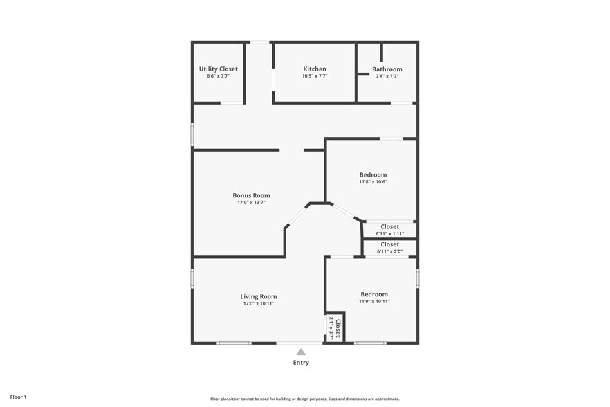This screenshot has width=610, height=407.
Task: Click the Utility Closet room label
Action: click(218, 69)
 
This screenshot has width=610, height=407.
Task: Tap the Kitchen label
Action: click(315, 69)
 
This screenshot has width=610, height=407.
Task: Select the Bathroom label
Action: click(387, 69)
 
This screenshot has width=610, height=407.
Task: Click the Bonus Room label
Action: click(251, 195)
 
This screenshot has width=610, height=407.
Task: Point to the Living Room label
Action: click(259, 296)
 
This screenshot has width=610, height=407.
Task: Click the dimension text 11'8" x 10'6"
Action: click(373, 182)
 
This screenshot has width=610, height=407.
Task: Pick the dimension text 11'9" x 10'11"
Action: click(374, 301)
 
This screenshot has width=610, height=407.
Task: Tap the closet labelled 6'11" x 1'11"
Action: click(389, 230)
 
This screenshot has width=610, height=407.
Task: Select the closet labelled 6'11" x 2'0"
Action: click(389, 248)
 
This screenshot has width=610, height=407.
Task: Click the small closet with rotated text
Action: click(335, 327)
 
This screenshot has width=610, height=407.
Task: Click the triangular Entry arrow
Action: click(301, 352)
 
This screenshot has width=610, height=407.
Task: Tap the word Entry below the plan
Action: click(301, 363)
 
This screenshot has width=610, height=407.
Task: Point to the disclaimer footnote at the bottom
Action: click(305, 399)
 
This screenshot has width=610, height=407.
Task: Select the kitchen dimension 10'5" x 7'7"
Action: click(315, 76)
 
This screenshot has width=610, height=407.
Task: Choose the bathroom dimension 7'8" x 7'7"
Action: click(387, 76)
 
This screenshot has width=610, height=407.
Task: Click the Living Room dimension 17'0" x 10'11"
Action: click(259, 303)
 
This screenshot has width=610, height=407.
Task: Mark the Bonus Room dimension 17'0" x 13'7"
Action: click(251, 202)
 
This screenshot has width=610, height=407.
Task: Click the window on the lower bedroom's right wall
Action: click(418, 278)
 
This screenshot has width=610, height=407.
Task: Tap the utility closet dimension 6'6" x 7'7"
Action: click(218, 76)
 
